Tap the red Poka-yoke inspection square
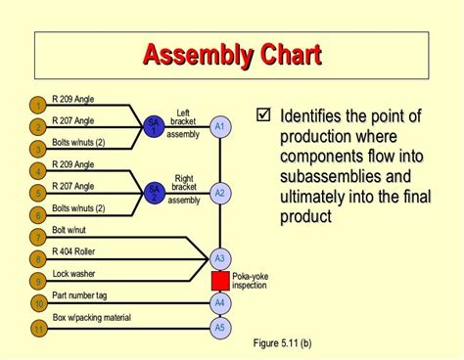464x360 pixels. click(220, 281)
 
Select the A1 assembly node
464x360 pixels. click(220, 127)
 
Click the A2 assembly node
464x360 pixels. click(220, 193)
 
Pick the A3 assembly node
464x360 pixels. click(220, 259)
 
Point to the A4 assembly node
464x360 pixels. click(220, 303)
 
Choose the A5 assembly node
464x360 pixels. click(220, 327)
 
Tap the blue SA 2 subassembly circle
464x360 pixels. click(153, 192)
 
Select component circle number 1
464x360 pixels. click(36, 105)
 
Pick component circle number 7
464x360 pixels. click(36, 238)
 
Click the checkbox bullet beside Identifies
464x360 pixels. click(261, 116)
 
